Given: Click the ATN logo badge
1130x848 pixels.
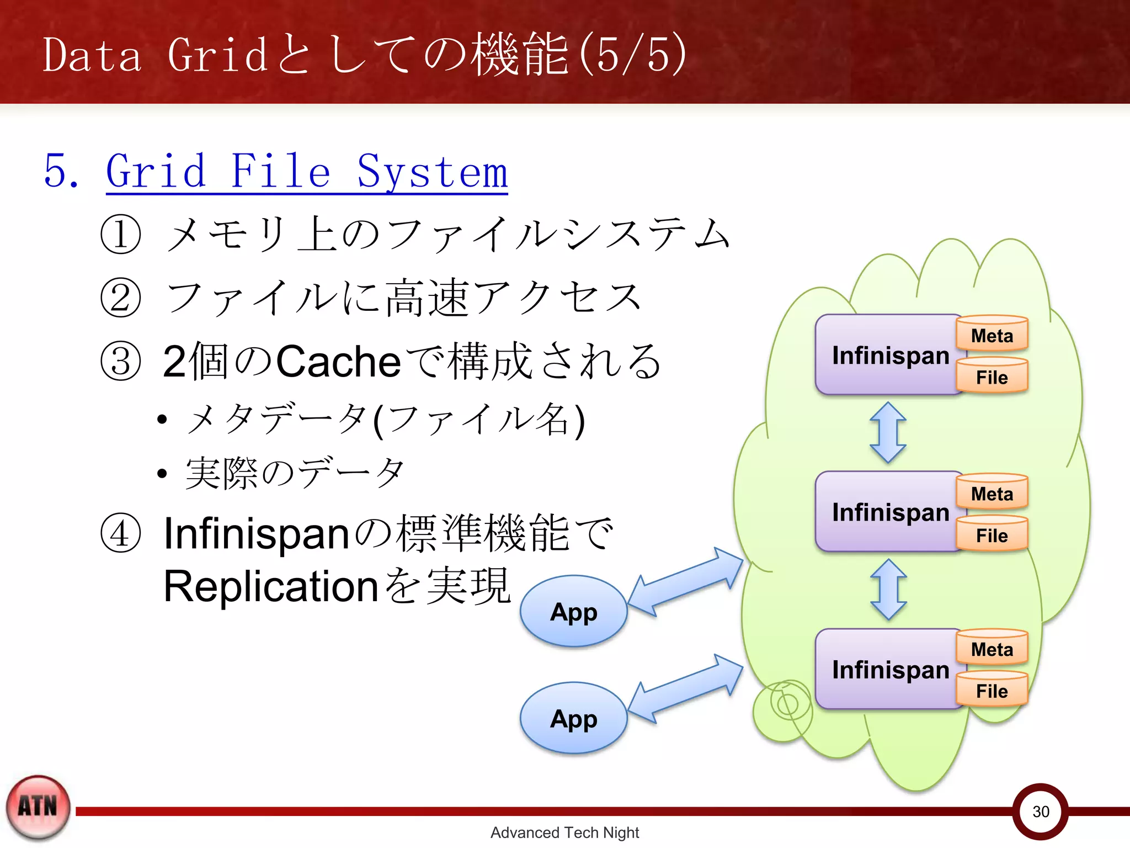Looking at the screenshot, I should (38, 807).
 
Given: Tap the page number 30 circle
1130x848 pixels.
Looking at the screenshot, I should (1040, 812).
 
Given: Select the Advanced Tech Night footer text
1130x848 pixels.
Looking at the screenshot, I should (564, 833).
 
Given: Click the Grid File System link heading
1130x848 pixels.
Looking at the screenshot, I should (306, 172).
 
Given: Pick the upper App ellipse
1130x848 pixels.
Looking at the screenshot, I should (573, 612).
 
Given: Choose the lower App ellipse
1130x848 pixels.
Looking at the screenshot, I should (573, 719).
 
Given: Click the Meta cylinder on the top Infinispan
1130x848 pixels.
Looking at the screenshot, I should (992, 335).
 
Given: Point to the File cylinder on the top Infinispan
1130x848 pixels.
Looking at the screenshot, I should (992, 377).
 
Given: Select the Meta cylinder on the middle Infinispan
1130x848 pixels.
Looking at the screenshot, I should (992, 493).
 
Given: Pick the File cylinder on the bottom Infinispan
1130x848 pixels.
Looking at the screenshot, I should (992, 691).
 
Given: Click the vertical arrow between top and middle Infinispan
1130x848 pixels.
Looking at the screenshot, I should (888, 432).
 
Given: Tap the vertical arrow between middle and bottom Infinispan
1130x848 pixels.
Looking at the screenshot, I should (888, 589).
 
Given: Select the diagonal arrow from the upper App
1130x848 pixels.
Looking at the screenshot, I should (686, 581).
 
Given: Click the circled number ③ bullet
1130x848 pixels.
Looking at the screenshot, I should (121, 361).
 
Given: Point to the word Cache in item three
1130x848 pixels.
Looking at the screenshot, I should (338, 362).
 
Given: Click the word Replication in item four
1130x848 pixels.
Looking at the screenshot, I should (270, 586).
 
